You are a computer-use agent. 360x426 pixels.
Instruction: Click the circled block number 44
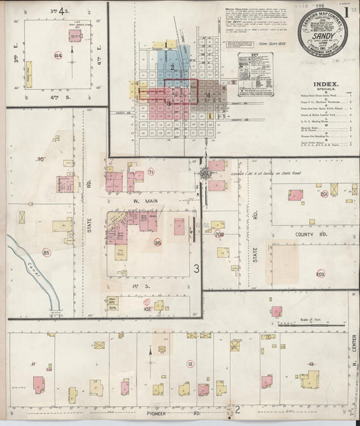tap(58, 55)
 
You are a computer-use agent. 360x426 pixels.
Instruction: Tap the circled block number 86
tap(157, 242)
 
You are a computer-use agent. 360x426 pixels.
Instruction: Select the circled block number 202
tap(320, 274)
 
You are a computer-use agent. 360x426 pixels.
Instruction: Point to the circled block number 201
tap(324, 194)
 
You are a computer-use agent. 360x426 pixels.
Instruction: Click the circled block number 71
tap(151, 173)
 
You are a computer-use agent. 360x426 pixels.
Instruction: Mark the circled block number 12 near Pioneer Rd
tap(191, 365)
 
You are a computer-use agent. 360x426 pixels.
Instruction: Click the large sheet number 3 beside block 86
tap(197, 269)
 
